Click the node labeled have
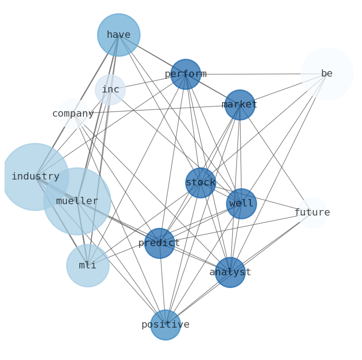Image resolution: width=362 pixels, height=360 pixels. (x=119, y=35)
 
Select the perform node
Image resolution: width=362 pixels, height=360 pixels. (x=186, y=74)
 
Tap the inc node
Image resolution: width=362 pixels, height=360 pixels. (x=110, y=90)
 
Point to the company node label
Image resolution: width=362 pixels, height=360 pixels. (x=73, y=114)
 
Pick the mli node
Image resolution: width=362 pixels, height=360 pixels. (x=88, y=266)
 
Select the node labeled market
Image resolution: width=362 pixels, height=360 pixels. (x=239, y=105)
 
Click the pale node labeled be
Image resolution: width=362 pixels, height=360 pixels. (x=327, y=74)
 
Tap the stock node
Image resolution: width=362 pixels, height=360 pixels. (x=201, y=183)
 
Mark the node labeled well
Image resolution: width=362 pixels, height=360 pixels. (x=241, y=204)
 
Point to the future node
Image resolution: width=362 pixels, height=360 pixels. (x=312, y=213)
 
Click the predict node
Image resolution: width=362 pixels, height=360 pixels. (x=159, y=243)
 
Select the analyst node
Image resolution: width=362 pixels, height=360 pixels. (x=230, y=273)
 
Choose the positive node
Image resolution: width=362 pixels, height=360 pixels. (x=165, y=325)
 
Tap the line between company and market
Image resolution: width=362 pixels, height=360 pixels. (x=155, y=109)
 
